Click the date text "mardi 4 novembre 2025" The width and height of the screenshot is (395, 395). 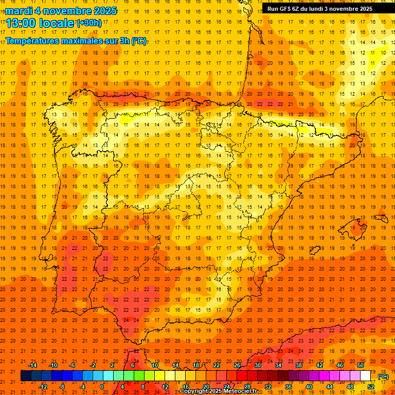point(61,11)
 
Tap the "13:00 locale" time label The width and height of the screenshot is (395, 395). point(40,23)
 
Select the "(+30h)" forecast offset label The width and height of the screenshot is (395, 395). point(89,23)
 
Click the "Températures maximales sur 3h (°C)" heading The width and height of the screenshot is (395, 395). point(76,41)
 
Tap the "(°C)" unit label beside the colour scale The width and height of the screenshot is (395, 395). point(383,376)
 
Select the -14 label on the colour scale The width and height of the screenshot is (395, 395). point(33,365)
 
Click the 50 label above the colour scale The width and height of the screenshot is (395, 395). point(361,365)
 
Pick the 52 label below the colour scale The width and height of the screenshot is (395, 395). point(371,386)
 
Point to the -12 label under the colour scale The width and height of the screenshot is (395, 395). point(43,386)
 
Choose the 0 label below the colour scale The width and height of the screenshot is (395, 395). point(102,386)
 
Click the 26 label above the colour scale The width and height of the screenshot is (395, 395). point(237,365)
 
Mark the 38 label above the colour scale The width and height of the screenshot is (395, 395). point(299,365)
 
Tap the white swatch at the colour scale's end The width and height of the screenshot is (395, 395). point(366,375)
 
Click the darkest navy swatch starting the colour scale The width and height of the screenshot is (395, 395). point(26,375)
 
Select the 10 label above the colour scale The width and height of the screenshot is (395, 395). point(154,365)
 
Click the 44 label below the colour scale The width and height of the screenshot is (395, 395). point(330,386)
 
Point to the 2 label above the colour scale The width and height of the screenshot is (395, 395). point(112,365)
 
